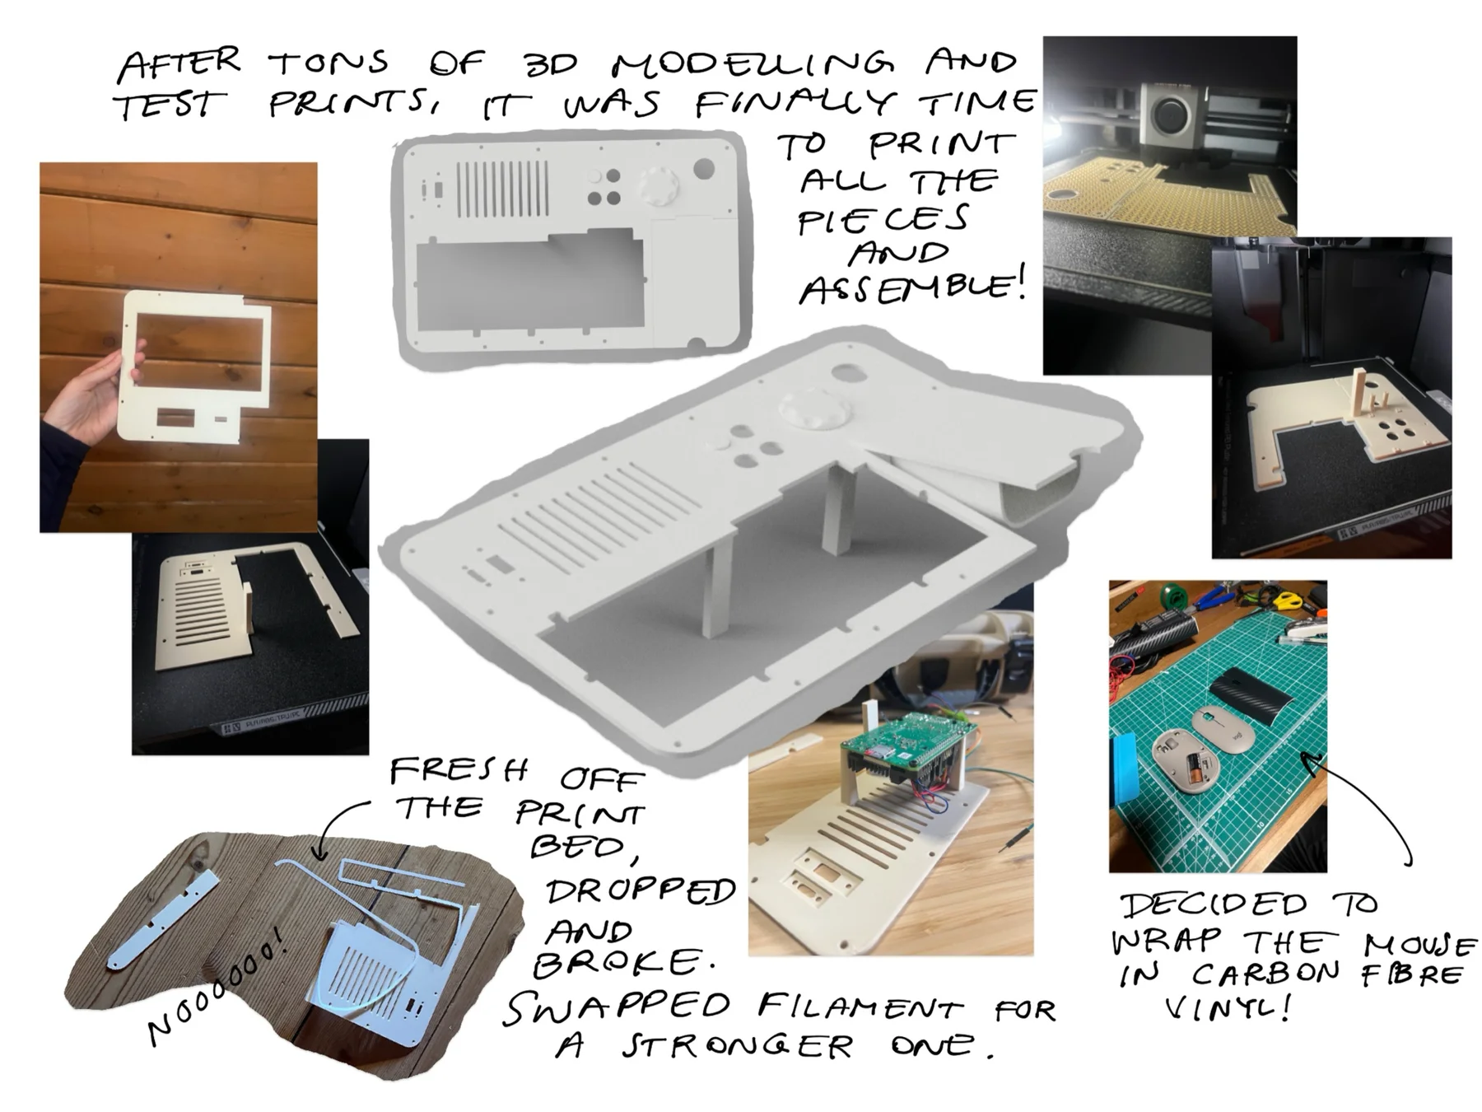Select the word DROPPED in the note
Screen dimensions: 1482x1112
641,891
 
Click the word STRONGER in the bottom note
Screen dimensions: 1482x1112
737,1047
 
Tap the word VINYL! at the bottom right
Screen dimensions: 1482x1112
1226,1008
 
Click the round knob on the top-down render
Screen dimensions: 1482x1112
659,185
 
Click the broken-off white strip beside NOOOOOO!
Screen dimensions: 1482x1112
164,920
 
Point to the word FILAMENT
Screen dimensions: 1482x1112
860,1007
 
